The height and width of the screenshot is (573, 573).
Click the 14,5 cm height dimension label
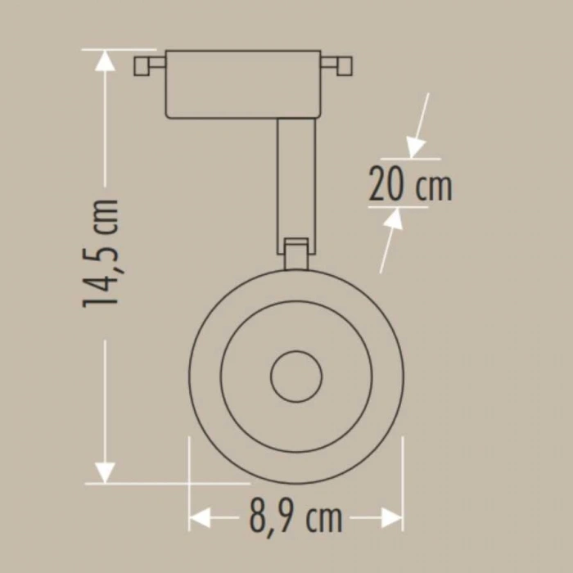104,252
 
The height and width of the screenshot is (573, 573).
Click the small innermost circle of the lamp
295,377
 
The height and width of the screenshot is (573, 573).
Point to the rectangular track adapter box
243,84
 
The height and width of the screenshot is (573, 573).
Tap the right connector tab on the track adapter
337,65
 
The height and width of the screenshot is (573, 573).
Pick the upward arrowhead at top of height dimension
104,61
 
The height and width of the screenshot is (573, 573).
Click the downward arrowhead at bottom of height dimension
104,471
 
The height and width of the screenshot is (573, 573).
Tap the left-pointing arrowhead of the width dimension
200,517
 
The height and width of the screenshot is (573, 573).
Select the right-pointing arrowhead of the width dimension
391,517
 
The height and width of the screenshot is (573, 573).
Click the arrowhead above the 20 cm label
417,148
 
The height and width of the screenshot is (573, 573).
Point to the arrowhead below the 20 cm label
395,219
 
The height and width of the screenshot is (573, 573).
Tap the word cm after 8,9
325,517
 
